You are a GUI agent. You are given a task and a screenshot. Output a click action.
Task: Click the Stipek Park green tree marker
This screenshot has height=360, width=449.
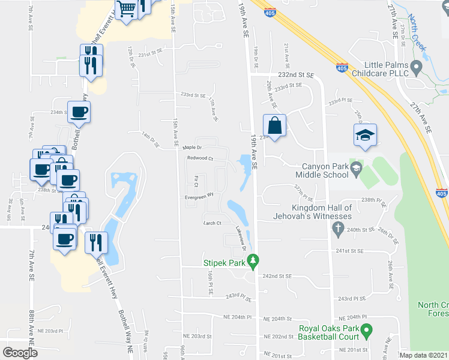click(253, 261)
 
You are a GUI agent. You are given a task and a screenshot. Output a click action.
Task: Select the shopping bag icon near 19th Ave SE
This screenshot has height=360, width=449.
click(274, 127)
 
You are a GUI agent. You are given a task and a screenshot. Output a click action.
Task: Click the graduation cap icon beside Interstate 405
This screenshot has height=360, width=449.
click(363, 136)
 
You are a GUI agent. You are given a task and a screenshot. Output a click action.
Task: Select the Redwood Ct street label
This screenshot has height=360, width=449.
click(200, 158)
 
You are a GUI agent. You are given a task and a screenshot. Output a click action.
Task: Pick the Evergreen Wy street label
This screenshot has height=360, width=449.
click(199, 195)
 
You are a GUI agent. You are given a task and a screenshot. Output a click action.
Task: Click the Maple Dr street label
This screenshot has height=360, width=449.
click(192, 147)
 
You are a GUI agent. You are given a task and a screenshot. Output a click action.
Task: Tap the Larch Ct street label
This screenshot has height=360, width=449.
click(212, 223)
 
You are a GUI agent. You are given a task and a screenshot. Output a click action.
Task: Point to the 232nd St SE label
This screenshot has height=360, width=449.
click(296, 76)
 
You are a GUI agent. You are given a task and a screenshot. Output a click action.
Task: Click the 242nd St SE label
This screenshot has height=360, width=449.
click(277, 276)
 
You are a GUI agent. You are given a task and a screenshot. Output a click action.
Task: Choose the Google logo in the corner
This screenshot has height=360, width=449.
click(20, 353)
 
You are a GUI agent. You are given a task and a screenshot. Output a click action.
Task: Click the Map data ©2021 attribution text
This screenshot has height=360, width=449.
click(423, 355)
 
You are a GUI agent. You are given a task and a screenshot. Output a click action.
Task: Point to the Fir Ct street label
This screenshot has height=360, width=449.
click(197, 180)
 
